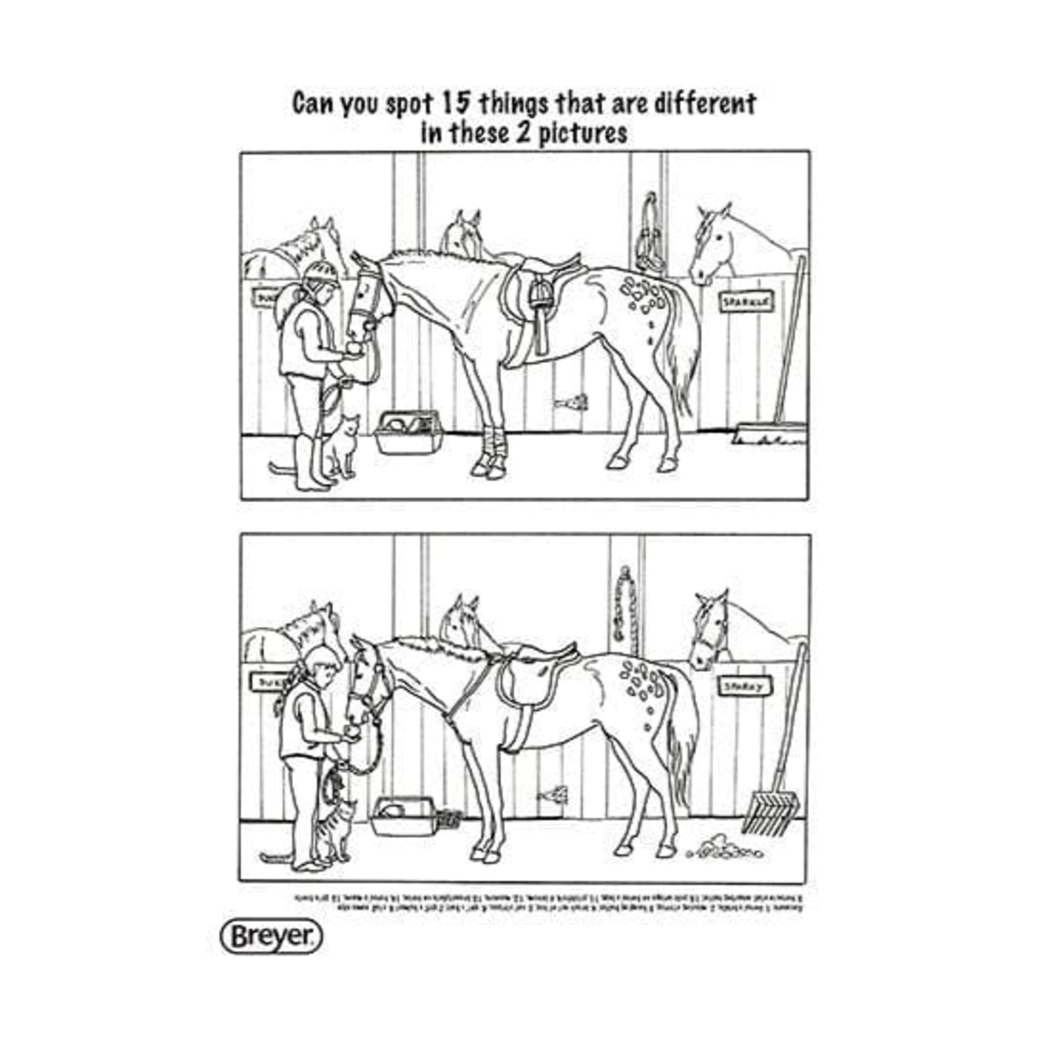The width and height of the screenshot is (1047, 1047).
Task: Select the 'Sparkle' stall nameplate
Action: [x=746, y=302]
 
